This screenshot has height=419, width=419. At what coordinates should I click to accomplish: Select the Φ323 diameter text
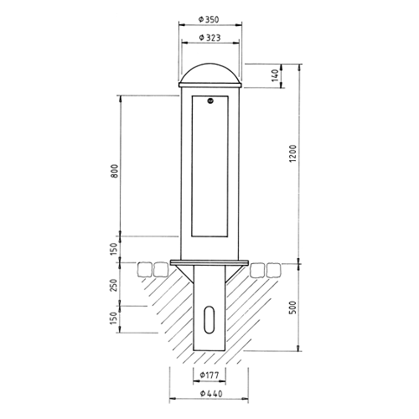pyautogui.click(x=209, y=39)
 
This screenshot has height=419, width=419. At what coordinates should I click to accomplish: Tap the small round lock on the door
pyautogui.click(x=210, y=103)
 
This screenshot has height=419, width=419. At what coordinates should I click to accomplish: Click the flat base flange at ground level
pyautogui.click(x=209, y=263)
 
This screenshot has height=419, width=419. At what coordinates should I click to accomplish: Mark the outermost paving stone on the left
pyautogui.click(x=142, y=270)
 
